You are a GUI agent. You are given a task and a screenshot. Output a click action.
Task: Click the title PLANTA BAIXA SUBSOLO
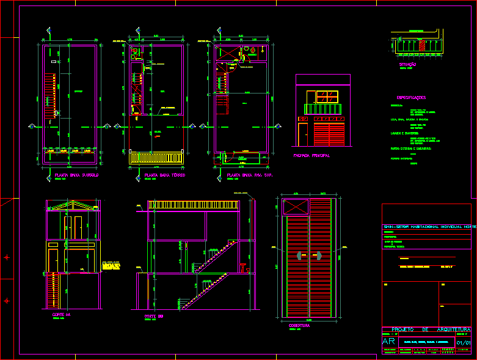click(x=73, y=175)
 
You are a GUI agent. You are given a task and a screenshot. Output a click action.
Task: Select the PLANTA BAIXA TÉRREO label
click(x=165, y=175)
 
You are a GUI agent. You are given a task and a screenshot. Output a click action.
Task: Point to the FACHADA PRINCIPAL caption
click(x=312, y=156)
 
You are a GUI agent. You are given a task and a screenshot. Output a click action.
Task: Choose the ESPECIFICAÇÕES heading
click(x=411, y=98)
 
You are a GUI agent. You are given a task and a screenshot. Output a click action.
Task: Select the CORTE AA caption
click(x=61, y=314)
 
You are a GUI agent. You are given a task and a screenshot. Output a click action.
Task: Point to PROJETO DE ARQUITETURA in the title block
click(x=426, y=329)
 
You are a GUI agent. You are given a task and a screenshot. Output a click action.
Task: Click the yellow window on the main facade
click(x=326, y=97)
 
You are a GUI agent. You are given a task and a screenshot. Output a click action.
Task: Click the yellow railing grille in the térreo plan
click(x=156, y=158)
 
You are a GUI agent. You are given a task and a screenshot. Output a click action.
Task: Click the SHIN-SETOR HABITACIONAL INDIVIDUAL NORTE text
click(x=429, y=227)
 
